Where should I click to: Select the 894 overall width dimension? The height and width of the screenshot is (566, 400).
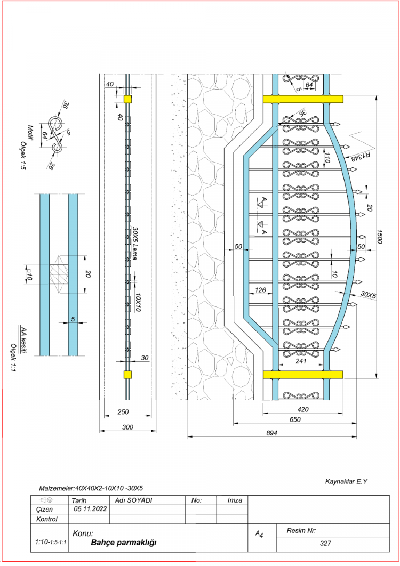coord(271,433)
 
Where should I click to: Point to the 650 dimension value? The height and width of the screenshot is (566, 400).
coord(295,419)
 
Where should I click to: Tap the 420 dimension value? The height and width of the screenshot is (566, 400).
coord(302,409)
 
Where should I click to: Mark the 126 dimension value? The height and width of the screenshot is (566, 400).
coord(261,290)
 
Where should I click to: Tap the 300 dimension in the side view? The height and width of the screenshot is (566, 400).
coord(127,426)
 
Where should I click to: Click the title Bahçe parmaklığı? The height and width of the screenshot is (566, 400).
coord(123,543)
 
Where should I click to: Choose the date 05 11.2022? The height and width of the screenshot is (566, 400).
coord(89,509)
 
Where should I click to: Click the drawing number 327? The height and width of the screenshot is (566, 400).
coord(326,544)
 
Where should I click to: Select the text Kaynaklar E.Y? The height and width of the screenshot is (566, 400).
coord(347,482)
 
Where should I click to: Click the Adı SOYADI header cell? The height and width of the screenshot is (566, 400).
coord(133,500)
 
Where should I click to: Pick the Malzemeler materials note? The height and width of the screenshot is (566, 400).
coord(91,488)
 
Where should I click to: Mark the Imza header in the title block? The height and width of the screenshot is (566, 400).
coord(235,500)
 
